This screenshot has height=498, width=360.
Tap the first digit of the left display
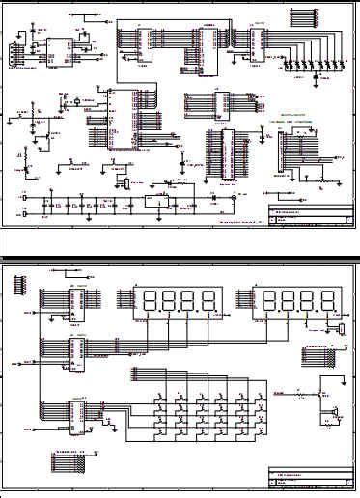click(x=148, y=302)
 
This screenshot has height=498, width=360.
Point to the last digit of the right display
click(x=327, y=302)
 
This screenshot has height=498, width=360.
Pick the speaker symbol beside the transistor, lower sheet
click(x=334, y=414)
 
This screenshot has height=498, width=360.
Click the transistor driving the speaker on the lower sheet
click(x=318, y=395)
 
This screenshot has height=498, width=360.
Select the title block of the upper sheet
click(x=309, y=216)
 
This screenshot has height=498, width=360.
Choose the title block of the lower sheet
click(x=309, y=479)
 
